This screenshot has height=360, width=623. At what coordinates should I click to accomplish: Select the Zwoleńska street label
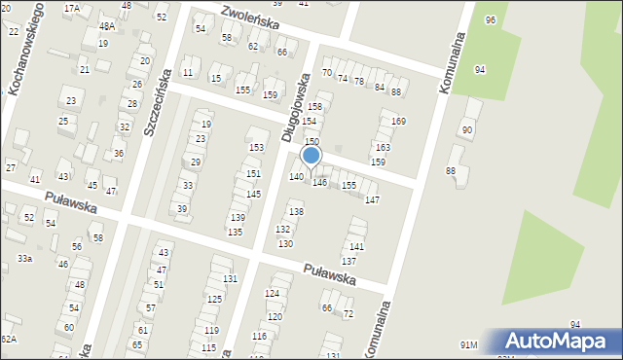click(250, 18)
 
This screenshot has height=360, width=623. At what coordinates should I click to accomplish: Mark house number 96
click(491, 20)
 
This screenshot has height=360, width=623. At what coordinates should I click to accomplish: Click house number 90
click(468, 130)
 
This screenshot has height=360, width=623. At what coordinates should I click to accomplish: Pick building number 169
click(398, 122)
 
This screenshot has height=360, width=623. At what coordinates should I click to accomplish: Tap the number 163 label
click(382, 148)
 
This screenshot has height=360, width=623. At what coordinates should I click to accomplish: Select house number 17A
click(72, 8)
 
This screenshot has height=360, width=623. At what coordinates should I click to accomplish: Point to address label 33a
click(24, 258)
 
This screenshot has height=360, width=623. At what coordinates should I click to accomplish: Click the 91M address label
click(469, 344)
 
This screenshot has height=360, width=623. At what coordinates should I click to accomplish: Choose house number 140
click(296, 176)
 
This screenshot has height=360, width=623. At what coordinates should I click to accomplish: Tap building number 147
click(372, 199)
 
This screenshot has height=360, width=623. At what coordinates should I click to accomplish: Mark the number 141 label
click(357, 247)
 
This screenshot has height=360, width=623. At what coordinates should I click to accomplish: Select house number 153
click(256, 148)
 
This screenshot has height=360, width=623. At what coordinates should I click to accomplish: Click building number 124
click(273, 293)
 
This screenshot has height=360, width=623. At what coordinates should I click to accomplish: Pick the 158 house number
click(314, 106)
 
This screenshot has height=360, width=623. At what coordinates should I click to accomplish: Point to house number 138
click(296, 212)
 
